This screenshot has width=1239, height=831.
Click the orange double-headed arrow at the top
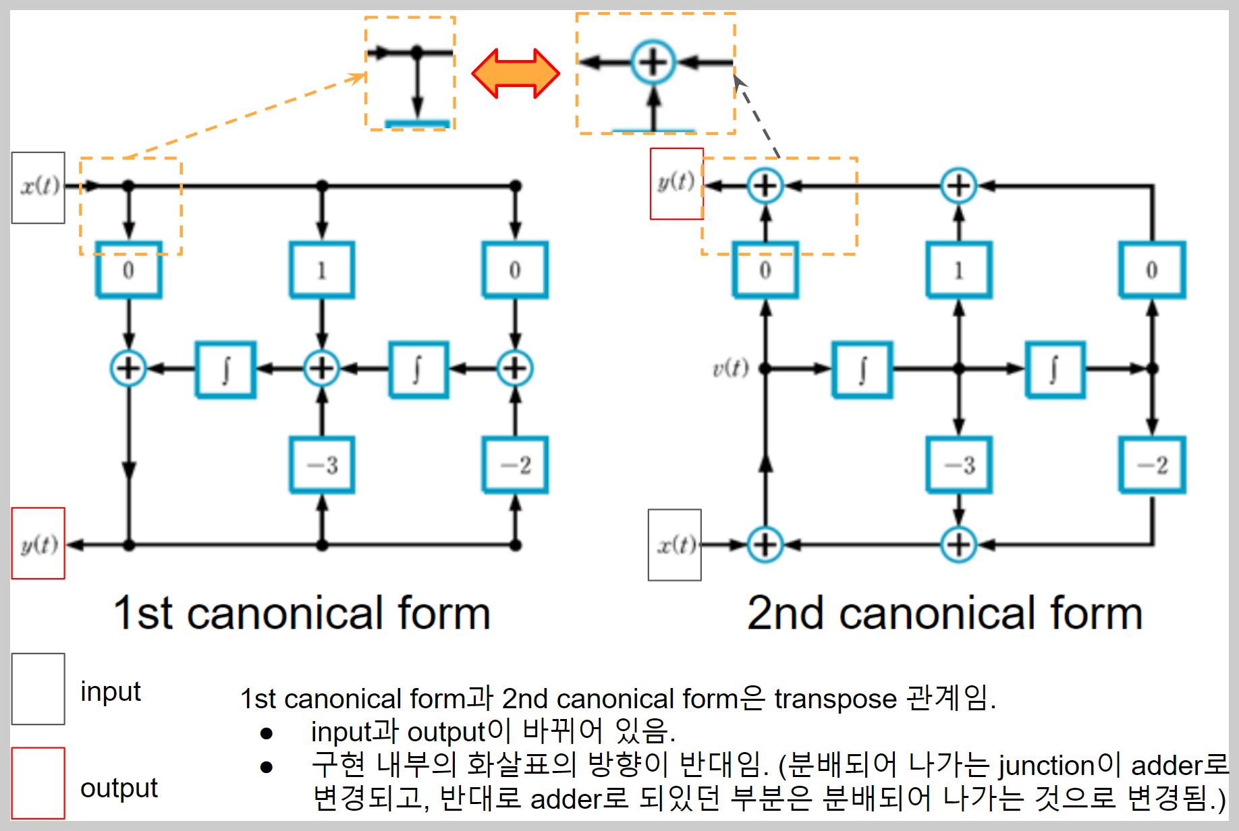[516, 73]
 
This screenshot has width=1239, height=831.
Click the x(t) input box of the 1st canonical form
[38, 187]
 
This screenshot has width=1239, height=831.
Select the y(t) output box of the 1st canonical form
[38, 543]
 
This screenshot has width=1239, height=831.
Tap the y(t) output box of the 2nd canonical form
[676, 183]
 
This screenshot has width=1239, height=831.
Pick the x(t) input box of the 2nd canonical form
[675, 544]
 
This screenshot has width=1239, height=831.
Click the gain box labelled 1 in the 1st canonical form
[322, 270]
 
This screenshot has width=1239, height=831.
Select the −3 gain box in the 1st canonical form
[322, 465]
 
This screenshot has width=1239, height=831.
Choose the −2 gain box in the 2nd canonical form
[1152, 465]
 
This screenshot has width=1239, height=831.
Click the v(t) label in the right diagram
[730, 368]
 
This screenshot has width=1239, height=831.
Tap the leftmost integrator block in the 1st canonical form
[225, 370]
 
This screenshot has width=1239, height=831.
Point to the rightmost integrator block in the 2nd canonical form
[1055, 370]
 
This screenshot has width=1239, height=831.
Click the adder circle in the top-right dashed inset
[653, 63]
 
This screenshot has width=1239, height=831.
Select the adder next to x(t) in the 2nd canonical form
[765, 544]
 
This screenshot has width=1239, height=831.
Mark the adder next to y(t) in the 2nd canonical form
[765, 185]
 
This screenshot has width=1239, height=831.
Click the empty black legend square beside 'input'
[38, 689]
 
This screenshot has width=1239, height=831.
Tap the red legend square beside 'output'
[38, 783]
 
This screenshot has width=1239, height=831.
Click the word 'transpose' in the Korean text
[835, 699]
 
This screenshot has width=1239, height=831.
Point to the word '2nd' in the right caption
[785, 614]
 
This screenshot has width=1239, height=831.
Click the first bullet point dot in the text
[267, 733]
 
